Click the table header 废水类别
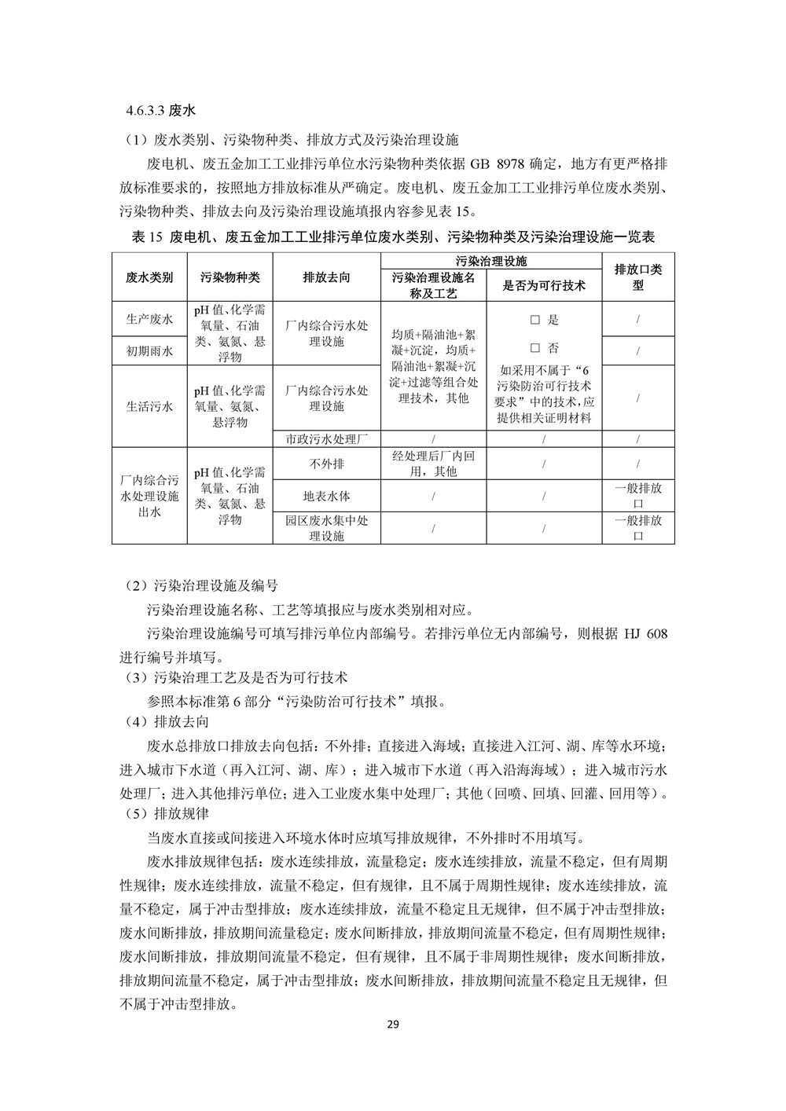tap(149, 277)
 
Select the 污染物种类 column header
tap(230, 277)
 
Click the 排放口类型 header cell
tap(637, 277)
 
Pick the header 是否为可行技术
tap(544, 285)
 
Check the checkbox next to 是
tap(535, 320)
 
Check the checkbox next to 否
tap(535, 348)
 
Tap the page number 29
tap(394, 1025)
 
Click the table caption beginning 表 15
tap(393, 236)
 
